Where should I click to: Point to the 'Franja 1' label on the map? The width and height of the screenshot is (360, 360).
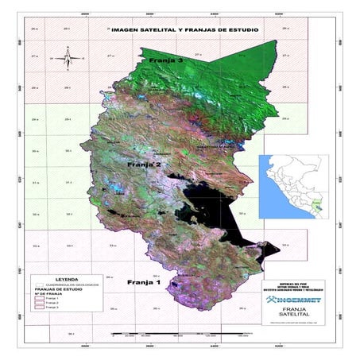click(144, 282)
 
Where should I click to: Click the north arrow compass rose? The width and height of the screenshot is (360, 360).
click(68, 57)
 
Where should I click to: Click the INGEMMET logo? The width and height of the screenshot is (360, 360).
click(295, 300)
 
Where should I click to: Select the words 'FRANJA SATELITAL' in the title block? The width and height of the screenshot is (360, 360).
click(295, 314)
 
